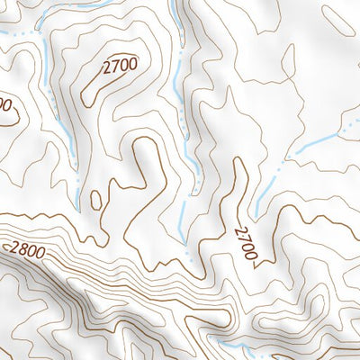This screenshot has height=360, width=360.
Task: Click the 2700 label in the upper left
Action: pyautogui.click(x=120, y=65)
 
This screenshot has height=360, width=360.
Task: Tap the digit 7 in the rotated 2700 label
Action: pyautogui.click(x=244, y=238)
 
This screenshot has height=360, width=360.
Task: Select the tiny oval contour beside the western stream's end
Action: pyautogui.click(x=96, y=199)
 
